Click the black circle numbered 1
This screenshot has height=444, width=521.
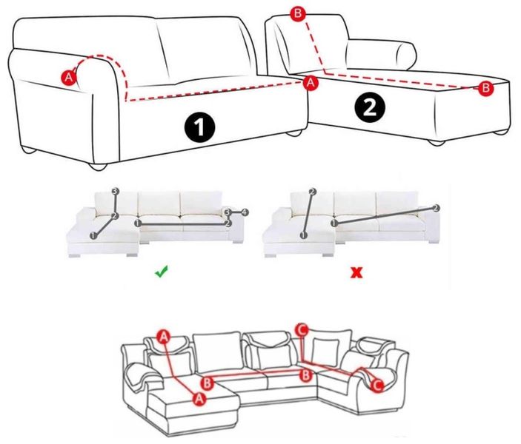pos(199,127)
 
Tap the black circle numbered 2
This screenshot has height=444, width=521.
pos(370,107)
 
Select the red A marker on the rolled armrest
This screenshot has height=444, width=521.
pos(68,78)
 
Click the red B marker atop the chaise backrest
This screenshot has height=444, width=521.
pos(298,13)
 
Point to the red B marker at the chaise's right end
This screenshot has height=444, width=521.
pos(485,88)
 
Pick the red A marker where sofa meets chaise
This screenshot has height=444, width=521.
pos(311,82)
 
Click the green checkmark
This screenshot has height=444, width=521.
pos(162,272)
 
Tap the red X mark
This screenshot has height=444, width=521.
pos(357,272)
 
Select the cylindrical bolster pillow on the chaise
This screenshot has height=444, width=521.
pos(381,55)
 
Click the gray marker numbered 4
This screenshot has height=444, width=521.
pos(245,212)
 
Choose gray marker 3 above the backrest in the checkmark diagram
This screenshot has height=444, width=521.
pos(116,191)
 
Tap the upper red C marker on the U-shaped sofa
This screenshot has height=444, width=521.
pos(302,330)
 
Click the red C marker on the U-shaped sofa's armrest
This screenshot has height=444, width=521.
pos(377,386)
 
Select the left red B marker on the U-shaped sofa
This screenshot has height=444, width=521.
pos(207,383)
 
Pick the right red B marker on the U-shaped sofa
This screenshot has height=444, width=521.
pos(305,375)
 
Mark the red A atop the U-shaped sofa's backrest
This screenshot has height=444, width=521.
pos(164,337)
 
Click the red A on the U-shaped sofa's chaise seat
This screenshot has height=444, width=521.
pos(199,398)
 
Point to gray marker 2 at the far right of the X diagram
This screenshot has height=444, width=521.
pos(437,208)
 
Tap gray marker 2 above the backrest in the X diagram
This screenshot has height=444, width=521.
pos(312,192)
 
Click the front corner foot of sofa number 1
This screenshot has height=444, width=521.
pos(98,167)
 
